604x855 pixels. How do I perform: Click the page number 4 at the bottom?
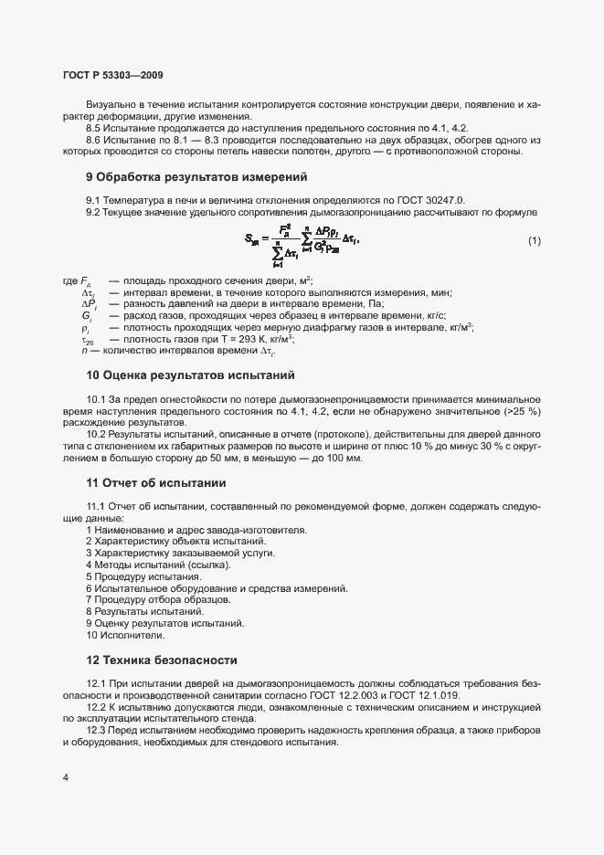[x=66, y=777]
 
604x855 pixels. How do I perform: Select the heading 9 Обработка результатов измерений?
[x=196, y=176]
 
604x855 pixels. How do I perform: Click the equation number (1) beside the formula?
[x=535, y=240]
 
